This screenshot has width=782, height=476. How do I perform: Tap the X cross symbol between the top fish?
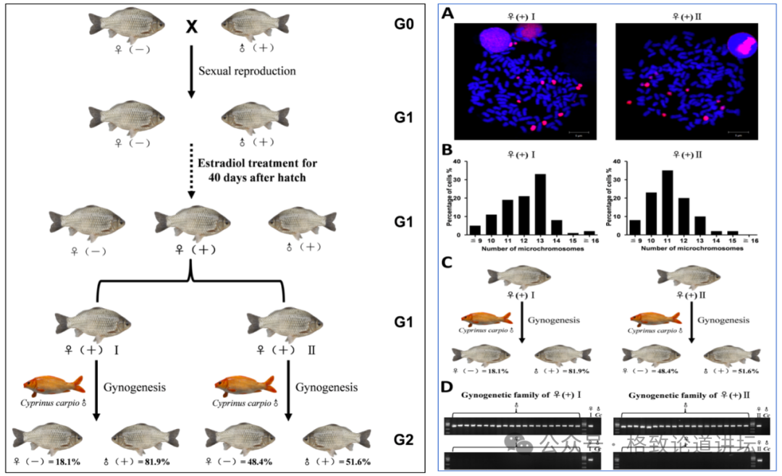[191, 27]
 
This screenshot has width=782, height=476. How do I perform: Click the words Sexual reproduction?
[248, 71]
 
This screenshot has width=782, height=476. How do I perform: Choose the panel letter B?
[450, 150]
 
